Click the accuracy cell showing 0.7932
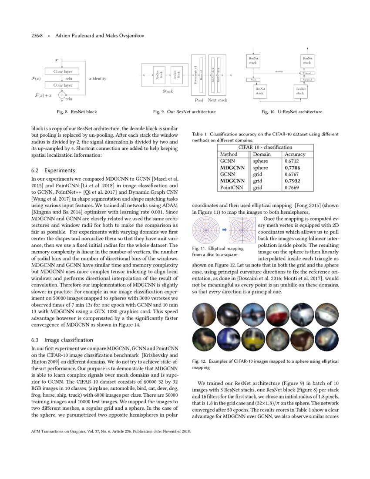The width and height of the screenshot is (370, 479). tap(292, 181)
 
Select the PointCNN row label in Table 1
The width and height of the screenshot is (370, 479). tap(231, 188)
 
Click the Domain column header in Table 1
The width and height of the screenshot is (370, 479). tap(262, 154)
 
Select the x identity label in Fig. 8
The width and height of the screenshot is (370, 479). tap(98, 78)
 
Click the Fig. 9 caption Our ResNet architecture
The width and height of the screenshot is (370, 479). tap(185, 112)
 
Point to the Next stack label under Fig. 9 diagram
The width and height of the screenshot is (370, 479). tap(218, 100)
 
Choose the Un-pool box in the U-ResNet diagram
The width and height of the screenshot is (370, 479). tap(307, 80)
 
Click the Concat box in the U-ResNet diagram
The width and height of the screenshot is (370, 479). tap(307, 73)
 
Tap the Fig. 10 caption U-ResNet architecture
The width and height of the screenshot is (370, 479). tap(292, 112)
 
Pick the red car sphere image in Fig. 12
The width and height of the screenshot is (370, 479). tap(276, 314)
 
